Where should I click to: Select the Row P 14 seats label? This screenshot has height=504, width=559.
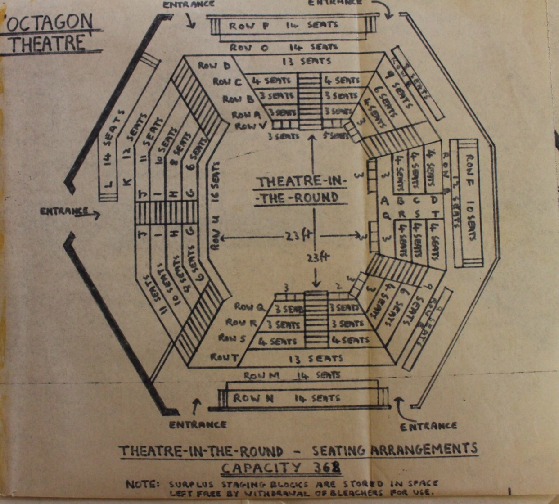[x=284, y=25]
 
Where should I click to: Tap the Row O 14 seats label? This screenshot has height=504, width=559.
[x=284, y=47]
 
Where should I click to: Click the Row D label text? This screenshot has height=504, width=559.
[x=214, y=66]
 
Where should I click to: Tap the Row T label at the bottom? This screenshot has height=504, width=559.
[x=224, y=358]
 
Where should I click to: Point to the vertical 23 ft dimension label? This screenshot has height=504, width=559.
[x=318, y=258]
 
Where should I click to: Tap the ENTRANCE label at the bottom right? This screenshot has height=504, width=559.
[x=428, y=426]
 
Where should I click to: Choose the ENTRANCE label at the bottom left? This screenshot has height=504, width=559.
[x=198, y=424]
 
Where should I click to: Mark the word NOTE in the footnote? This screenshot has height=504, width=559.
[x=142, y=484]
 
